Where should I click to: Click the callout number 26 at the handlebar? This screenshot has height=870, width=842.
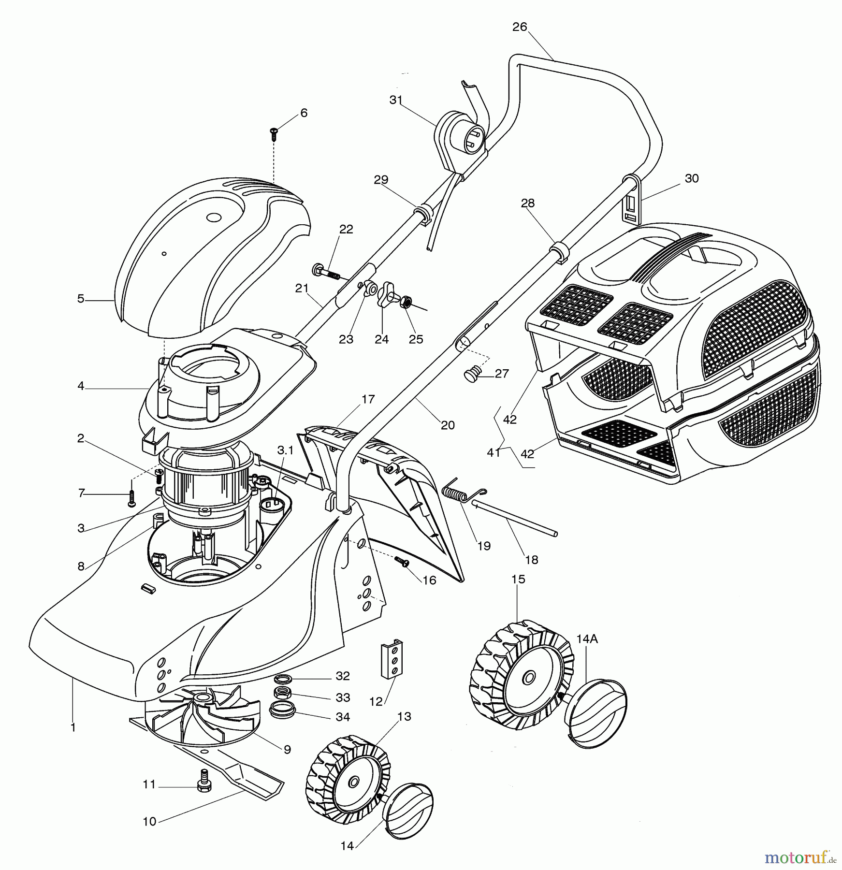click(x=520, y=27)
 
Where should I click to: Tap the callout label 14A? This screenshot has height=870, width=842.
click(x=587, y=639)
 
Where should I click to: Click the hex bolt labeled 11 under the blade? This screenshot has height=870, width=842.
click(x=203, y=785)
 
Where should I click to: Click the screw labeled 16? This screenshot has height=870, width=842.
click(x=402, y=561)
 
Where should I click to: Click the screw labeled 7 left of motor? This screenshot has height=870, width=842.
click(x=131, y=498)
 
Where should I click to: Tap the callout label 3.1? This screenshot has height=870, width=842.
click(x=285, y=450)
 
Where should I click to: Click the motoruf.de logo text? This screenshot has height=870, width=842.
click(x=795, y=857)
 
